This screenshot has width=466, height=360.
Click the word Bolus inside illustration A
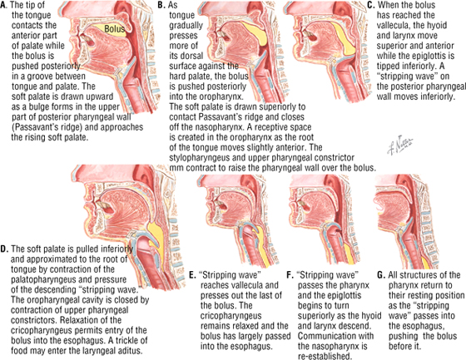point(115,29)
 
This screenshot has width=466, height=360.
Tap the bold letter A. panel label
point(4,5)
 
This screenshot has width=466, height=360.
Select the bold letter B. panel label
point(161,5)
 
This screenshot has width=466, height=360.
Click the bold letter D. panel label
point(4,249)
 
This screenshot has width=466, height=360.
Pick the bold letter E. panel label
point(193,275)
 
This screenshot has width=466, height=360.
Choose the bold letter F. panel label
point(290,275)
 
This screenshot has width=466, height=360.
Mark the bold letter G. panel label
point(381,275)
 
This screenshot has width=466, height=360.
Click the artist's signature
point(400,145)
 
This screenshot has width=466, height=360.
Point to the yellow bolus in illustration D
point(156,238)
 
